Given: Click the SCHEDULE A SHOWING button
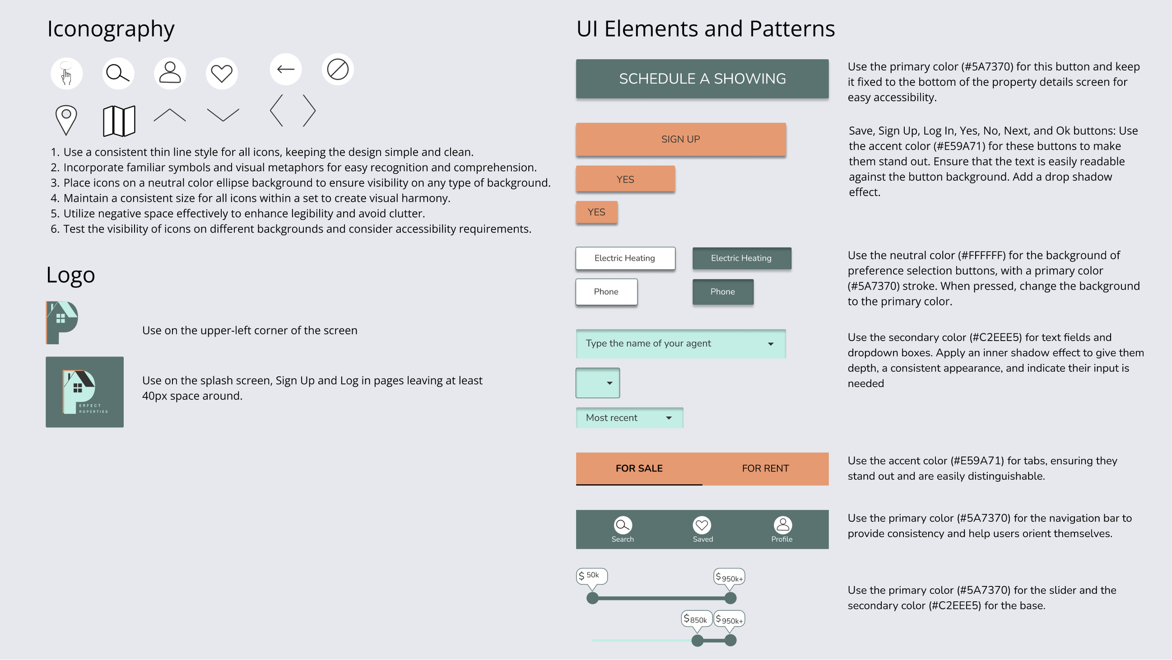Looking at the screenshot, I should (702, 79).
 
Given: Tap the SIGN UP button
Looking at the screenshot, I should (681, 139).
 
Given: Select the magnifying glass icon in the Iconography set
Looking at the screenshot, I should (118, 74).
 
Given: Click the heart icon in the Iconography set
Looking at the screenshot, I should (222, 74).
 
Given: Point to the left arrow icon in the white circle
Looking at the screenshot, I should (285, 69).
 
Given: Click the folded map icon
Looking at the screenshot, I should (119, 121).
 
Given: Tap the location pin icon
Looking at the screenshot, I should (66, 120).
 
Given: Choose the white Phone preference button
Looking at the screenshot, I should (606, 292).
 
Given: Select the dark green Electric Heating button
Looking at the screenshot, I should (741, 258).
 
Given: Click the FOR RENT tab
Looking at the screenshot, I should (765, 468).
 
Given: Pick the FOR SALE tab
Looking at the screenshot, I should (639, 468).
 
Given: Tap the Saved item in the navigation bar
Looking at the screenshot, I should (702, 530).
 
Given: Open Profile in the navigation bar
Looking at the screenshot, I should (782, 530).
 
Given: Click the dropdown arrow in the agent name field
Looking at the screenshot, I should (771, 344).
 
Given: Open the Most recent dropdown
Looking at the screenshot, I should (629, 417).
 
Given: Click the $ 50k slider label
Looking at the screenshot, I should (592, 576).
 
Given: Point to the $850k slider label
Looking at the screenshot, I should (696, 619).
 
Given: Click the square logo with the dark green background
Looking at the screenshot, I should (85, 392).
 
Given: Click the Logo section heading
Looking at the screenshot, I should (70, 275).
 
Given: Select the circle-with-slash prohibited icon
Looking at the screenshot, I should (338, 69).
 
